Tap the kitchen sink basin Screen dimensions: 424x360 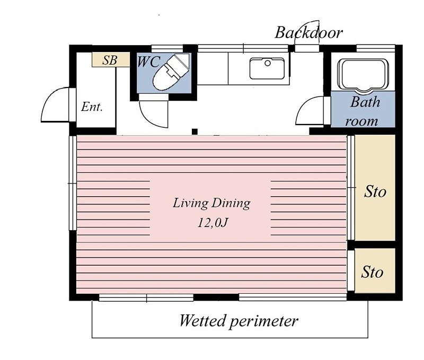point(267,68)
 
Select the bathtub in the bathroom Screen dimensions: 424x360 point(363,74)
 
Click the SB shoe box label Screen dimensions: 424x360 point(110,60)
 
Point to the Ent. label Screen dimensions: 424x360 point(92,107)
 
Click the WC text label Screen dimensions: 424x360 point(148,62)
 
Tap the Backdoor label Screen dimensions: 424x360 point(309,32)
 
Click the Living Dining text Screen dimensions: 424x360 point(211,203)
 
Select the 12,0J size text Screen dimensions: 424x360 point(213,223)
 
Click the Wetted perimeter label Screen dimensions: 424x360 point(238,321)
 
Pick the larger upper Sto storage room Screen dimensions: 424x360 point(375,188)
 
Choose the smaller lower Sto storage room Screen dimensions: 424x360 point(375,270)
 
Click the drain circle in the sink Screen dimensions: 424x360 point(268,63)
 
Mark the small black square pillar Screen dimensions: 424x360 point(195,131)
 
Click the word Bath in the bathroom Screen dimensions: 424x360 point(365,102)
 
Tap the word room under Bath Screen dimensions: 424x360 point(361,121)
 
